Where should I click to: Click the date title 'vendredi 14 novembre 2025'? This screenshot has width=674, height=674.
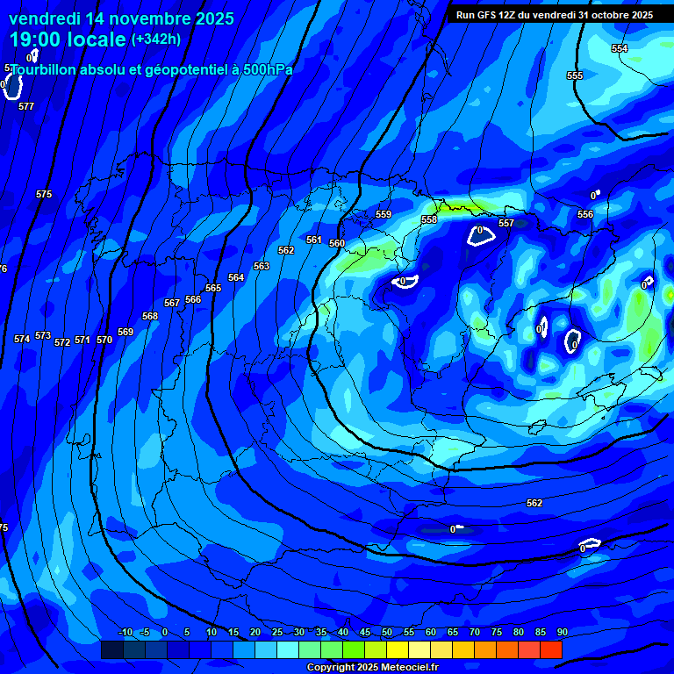click(121, 18)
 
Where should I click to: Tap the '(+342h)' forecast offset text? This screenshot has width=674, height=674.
click(155, 39)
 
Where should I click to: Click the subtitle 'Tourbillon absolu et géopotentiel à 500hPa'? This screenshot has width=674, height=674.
click(151, 69)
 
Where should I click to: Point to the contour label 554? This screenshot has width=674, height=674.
click(620, 49)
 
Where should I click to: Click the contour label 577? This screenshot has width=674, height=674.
click(26, 106)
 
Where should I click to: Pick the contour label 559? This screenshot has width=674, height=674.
click(384, 215)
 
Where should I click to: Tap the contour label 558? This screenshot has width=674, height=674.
click(429, 220)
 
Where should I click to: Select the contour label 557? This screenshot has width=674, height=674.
click(506, 224)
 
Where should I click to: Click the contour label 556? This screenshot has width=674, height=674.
click(585, 215)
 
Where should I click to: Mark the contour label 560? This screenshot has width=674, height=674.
click(337, 244)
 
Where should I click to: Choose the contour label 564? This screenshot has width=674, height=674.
click(236, 278)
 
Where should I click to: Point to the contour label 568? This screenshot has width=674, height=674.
click(150, 317)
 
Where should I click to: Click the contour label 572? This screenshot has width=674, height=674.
click(62, 343)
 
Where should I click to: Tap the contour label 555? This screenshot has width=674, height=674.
click(575, 76)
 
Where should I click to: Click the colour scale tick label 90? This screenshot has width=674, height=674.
click(562, 633)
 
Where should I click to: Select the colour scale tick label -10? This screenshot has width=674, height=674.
click(125, 633)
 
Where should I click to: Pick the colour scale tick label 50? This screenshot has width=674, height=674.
click(387, 633)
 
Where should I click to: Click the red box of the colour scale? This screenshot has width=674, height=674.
click(550, 649)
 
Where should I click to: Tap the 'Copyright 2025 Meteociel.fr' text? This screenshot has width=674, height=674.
click(372, 668)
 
